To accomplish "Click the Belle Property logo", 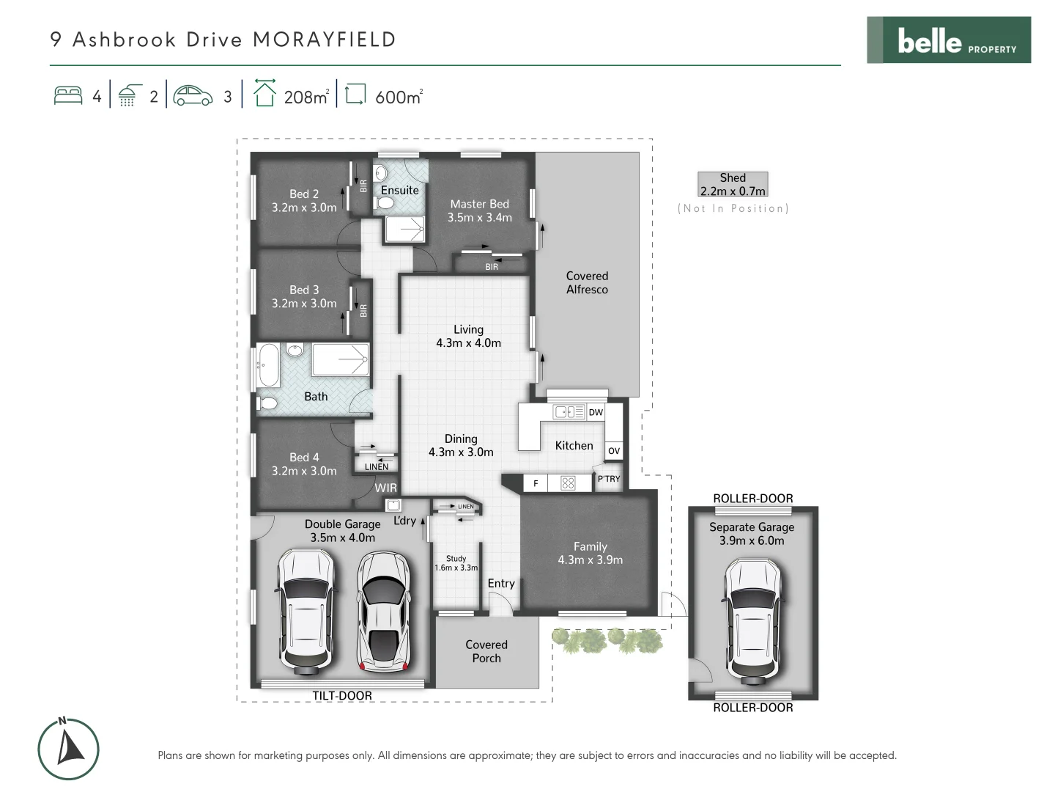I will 949,40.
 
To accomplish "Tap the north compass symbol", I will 68,749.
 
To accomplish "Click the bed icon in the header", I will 68,96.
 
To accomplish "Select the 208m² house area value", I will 306,97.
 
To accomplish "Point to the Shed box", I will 733,184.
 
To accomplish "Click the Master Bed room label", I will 479,204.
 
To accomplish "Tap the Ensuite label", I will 399,190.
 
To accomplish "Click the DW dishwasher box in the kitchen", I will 596,412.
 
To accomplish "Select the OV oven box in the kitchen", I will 614,450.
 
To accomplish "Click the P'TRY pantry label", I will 608,479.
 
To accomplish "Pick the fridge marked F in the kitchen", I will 536,483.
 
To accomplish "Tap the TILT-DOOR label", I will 342,695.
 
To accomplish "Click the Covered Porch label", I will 486,651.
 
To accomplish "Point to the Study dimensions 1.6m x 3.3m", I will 456,568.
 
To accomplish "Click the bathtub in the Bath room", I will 267,365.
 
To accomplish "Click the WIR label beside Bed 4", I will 385,488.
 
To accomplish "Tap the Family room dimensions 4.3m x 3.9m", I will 590,560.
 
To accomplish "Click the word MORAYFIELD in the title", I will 324,40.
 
